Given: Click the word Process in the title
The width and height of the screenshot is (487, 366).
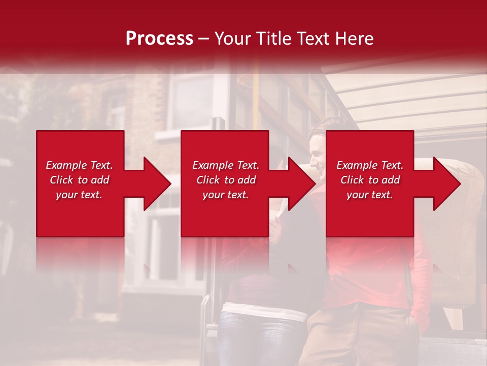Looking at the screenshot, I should (159, 39).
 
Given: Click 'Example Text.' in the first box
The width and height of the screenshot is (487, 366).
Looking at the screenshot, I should (79, 165).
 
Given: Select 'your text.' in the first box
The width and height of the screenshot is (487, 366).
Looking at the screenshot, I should (79, 195).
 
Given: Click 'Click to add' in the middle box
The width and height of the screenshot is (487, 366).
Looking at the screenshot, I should (226, 180).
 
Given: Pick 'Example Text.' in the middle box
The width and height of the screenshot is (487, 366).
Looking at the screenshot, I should (226, 165).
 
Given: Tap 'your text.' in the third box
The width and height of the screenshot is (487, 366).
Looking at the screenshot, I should (370, 195).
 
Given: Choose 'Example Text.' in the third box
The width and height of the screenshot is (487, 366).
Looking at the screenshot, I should (370, 165).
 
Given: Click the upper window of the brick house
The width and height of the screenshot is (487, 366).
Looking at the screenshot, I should (192, 99).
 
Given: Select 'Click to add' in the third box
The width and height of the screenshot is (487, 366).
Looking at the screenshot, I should (370, 180).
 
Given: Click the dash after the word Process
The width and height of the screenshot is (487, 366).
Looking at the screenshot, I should (204, 39).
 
